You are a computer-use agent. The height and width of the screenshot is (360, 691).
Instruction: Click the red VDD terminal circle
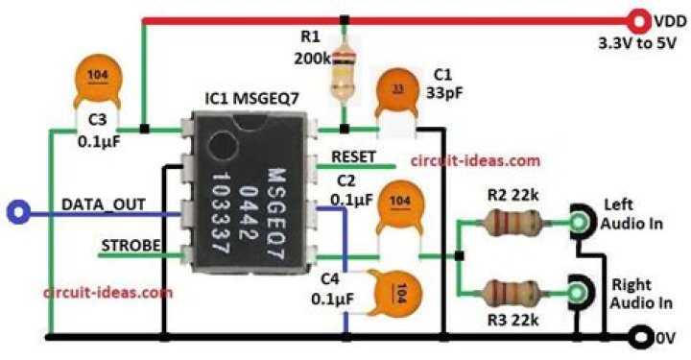pos(638,21)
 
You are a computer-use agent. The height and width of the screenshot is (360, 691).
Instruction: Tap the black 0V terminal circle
pos(642,338)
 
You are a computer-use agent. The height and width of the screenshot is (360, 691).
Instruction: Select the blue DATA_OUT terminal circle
pos(18,212)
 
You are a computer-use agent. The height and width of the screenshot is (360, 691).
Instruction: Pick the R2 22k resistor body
pos(512,222)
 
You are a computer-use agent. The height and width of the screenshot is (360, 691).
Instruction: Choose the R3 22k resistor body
pos(512,292)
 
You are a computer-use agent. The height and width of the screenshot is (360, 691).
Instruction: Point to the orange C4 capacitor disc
pos(396,292)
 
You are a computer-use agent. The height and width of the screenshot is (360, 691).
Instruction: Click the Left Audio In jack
pos(582,222)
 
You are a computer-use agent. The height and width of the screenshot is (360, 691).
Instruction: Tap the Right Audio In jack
pos(581,292)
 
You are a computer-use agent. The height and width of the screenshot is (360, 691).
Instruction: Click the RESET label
pos(353,156)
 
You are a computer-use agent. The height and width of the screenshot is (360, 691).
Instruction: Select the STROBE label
pos(131,246)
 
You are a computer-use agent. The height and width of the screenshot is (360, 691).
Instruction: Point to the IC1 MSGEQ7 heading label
pos(252,98)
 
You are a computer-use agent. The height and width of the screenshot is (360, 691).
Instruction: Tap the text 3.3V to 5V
pos(637,43)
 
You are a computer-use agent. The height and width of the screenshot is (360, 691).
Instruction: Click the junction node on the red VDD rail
pos(345,20)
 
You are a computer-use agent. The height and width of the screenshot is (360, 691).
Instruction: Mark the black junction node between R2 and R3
pos(459,256)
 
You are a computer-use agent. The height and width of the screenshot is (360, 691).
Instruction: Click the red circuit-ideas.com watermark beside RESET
pos(475,161)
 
